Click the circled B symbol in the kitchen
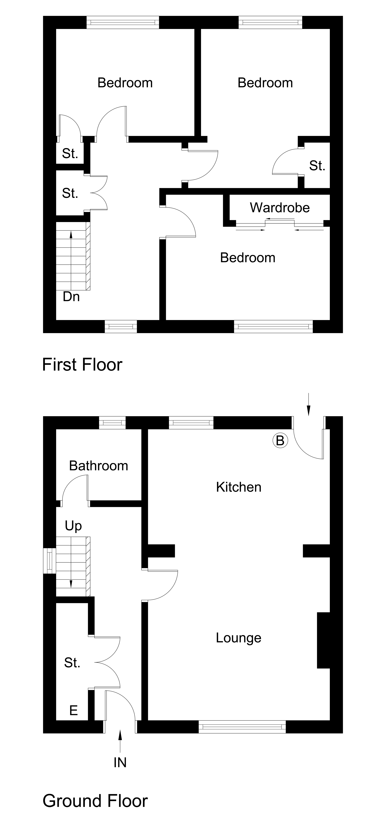click(x=280, y=441)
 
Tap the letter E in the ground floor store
click(x=73, y=710)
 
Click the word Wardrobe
click(x=280, y=208)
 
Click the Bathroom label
click(x=98, y=466)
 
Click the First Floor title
click(x=82, y=365)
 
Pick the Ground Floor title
click(x=95, y=801)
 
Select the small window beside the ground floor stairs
click(x=50, y=561)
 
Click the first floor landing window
click(x=121, y=326)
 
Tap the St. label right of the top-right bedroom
click(x=317, y=165)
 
